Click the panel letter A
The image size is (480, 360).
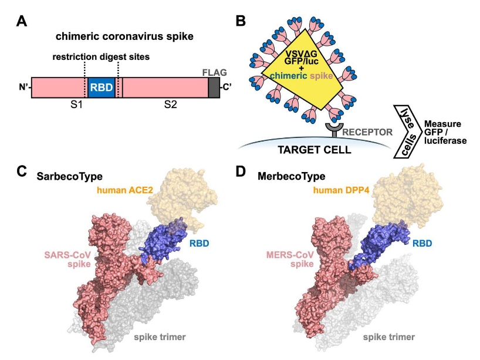coord(22,22)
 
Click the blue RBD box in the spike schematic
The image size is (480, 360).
coord(102,88)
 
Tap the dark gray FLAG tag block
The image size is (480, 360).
coord(214,88)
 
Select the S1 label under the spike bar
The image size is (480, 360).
coord(76,105)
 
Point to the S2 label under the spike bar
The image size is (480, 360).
coord(171,105)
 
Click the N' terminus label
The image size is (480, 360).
coord(24,88)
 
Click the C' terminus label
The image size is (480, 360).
coord(227,88)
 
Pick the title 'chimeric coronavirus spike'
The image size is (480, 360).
coord(124,36)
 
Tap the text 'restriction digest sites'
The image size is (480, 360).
coord(102,57)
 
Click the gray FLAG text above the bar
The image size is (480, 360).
coord(215,73)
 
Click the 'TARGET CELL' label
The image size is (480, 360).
coord(315,150)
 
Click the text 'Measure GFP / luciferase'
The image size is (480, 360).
coord(445,132)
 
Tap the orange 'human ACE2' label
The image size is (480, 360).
coord(125,190)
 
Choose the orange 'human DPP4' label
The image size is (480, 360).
coord(341,190)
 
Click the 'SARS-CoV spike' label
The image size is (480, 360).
coord(67,259)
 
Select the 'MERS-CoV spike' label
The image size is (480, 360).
coord(290,259)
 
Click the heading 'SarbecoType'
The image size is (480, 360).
coord(69,177)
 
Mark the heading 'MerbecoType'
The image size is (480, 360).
coord(292,177)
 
